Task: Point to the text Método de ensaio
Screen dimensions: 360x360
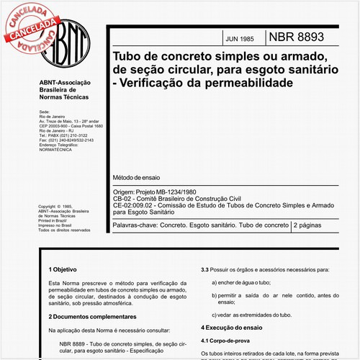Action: pyautogui.click(x=137, y=176)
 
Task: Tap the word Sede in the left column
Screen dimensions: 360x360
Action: pyautogui.click(x=43, y=113)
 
